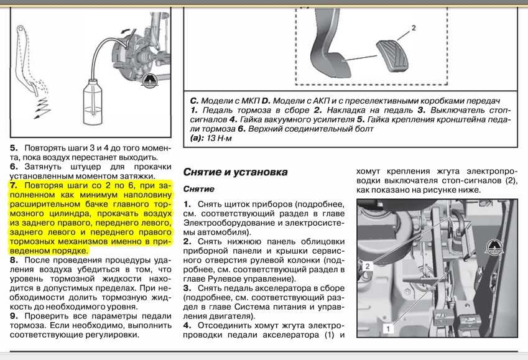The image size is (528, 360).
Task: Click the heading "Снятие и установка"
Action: coord(235,171)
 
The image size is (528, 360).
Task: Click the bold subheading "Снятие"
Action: coord(199,188)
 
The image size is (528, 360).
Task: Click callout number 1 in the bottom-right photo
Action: coord(387,326)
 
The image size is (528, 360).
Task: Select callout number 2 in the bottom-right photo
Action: coord(368,265)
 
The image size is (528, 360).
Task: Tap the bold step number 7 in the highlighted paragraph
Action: coord(14,185)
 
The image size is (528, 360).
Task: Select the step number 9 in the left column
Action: coord(13,316)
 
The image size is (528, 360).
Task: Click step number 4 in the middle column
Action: coord(187,325)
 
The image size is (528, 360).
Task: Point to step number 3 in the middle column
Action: coord(187,288)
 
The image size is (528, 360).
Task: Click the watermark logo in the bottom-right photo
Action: coord(496,247)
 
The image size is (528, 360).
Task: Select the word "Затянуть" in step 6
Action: coord(43,167)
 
